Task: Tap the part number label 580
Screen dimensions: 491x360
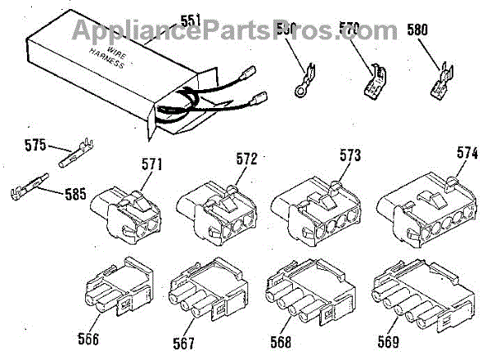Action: click(x=417, y=32)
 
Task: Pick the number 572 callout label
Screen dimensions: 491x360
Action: click(x=245, y=158)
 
